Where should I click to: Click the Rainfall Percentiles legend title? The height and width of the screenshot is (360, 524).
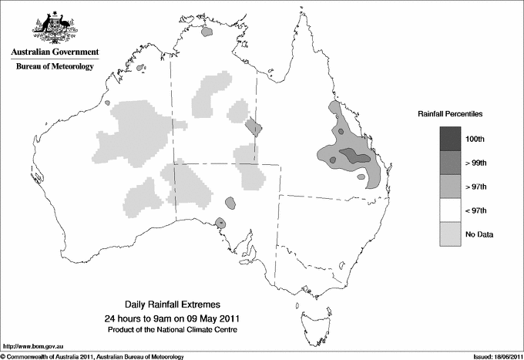[450, 114]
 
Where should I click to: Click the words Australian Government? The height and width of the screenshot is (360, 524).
[55, 52]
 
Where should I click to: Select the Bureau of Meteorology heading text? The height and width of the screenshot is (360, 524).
[55, 67]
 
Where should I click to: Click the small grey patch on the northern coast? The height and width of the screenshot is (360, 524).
[207, 32]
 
